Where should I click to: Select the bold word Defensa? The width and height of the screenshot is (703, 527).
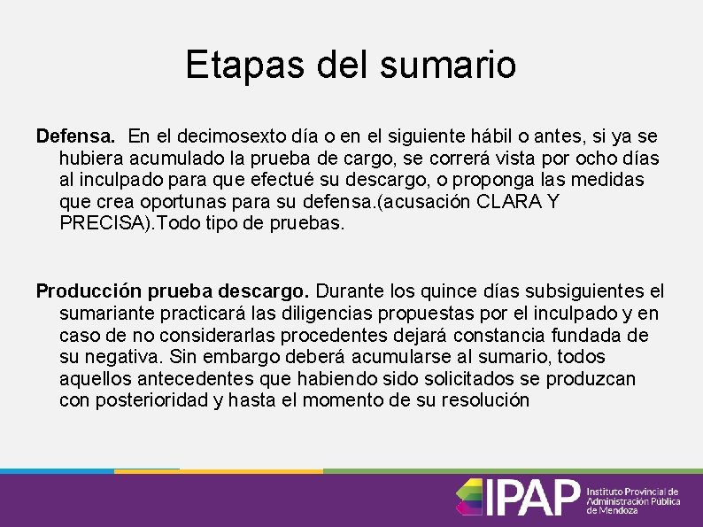75,137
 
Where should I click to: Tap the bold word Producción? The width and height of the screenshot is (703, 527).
86,292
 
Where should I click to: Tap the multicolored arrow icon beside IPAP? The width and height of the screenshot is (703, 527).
469,497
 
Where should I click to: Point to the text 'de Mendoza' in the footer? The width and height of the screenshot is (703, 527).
612,510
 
